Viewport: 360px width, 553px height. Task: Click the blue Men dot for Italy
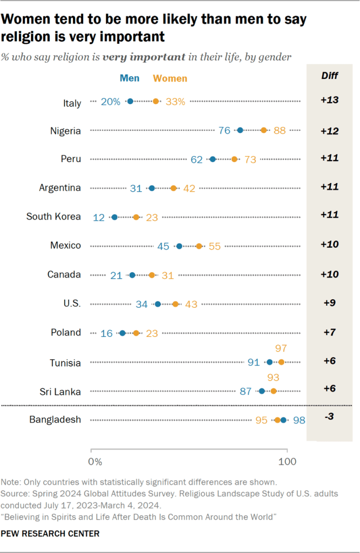tap(130, 101)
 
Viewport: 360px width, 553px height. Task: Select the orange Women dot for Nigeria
tap(264, 130)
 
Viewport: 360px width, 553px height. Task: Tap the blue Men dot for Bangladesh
tap(284, 420)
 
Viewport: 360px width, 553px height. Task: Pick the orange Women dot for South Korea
tap(136, 217)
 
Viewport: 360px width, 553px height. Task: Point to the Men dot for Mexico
tap(179, 246)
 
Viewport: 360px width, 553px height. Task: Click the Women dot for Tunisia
tap(281, 362)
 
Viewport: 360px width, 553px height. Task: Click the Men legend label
tap(130, 78)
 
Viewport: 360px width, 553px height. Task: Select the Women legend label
tap(170, 78)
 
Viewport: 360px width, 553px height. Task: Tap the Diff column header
tap(329, 76)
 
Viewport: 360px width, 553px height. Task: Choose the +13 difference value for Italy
tap(329, 100)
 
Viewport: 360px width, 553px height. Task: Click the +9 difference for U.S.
tap(329, 303)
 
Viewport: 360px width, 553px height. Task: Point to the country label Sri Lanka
tap(63, 391)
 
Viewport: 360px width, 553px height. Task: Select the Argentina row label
tap(60, 188)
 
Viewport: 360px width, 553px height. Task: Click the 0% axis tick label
tap(95, 462)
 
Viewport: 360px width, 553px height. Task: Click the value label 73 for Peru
tap(250, 159)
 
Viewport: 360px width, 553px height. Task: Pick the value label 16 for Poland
tap(106, 333)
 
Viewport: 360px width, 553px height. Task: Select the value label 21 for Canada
tap(116, 275)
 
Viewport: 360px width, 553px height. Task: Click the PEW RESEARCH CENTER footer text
tap(50, 534)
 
